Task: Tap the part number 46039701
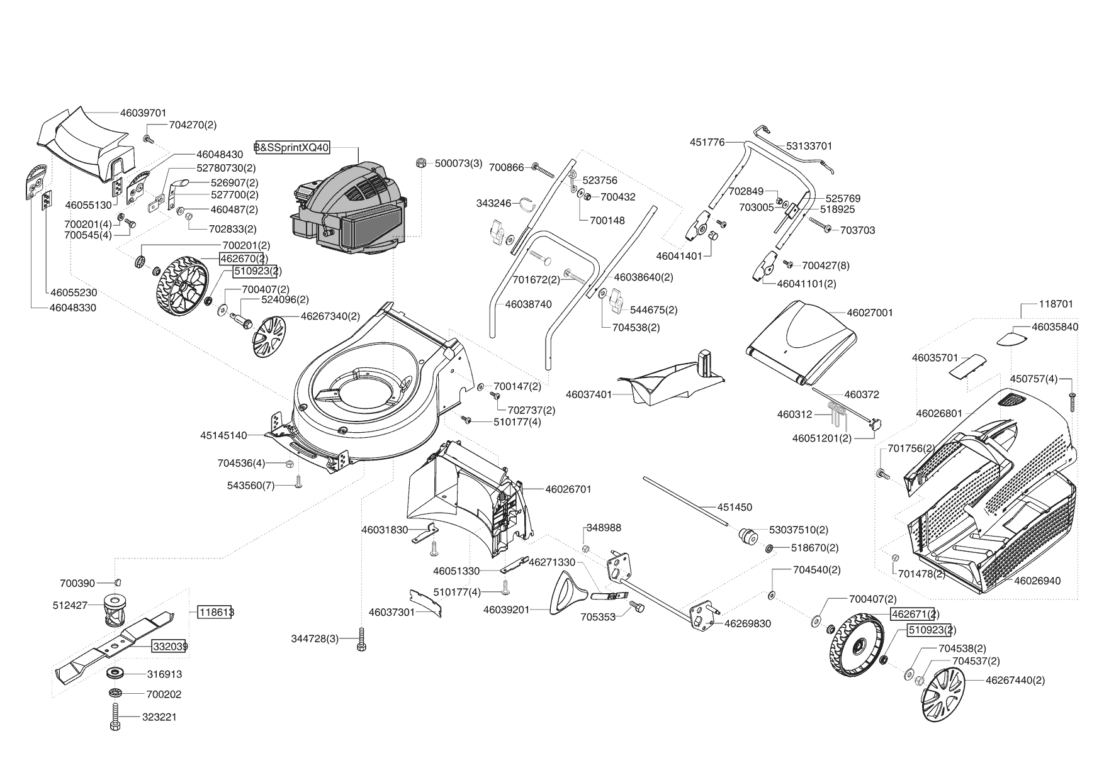click(x=143, y=113)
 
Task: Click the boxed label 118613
click(x=215, y=612)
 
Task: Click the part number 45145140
click(x=223, y=435)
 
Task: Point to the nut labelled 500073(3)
click(x=419, y=163)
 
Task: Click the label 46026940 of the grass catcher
click(x=1037, y=581)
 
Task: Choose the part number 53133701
click(x=809, y=146)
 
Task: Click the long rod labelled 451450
click(x=686, y=501)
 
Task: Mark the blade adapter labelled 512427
click(x=114, y=609)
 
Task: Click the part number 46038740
click(x=528, y=304)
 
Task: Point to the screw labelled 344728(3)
click(x=361, y=640)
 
